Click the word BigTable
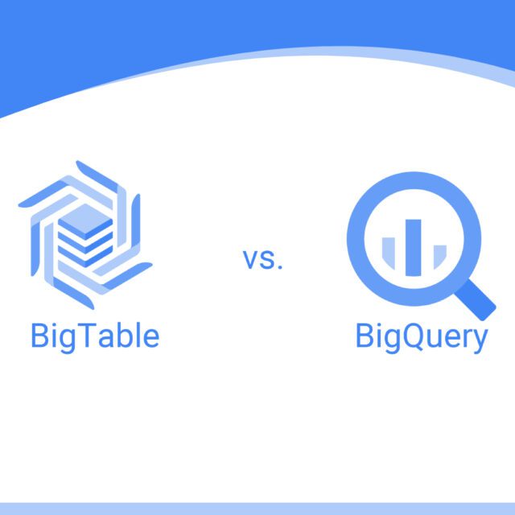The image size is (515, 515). [94, 336]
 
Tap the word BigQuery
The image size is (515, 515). [421, 337]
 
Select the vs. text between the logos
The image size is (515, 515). [263, 259]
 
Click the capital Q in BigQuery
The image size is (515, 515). [406, 336]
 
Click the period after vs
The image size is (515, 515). [281, 267]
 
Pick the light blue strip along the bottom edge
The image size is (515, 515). [257, 509]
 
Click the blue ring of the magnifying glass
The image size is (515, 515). [352, 233]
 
